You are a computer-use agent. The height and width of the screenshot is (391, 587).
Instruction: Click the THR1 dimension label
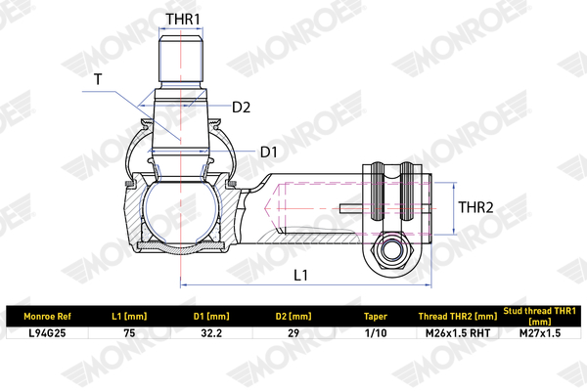(183, 20)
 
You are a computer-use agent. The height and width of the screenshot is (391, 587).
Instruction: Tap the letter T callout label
(98, 79)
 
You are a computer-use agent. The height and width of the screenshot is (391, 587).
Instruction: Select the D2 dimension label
(241, 108)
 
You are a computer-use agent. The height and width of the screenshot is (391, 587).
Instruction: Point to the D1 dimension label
(269, 152)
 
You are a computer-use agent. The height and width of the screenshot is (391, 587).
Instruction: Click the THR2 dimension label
(475, 207)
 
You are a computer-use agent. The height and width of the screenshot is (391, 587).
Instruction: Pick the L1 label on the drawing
(300, 276)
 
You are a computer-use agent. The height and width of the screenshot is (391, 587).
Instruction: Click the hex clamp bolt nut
(390, 250)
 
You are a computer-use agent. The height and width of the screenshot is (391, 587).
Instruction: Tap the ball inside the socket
(181, 211)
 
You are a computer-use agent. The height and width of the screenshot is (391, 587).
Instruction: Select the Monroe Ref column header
(47, 317)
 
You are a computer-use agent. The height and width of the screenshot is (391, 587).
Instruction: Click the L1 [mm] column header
(129, 317)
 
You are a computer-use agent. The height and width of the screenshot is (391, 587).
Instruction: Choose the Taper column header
(376, 317)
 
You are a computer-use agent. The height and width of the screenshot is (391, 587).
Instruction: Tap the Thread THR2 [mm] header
(458, 317)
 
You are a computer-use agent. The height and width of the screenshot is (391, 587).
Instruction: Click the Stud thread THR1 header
(540, 316)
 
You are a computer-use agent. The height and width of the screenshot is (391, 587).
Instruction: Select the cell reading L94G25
(47, 333)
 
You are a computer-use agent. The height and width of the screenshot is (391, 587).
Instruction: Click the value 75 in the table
(129, 333)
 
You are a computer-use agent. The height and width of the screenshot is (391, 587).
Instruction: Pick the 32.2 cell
(211, 333)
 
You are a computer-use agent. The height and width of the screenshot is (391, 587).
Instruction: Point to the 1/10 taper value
(376, 333)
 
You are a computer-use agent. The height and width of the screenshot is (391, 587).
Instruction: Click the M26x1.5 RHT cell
(458, 333)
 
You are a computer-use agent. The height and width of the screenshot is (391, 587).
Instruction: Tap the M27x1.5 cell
(540, 333)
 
